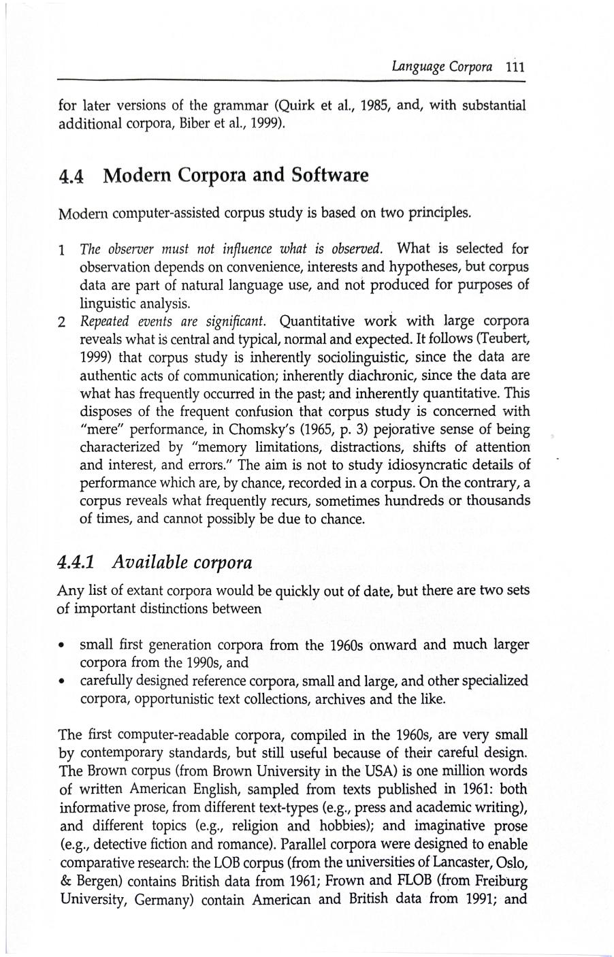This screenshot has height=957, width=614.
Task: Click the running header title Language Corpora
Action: click(x=442, y=67)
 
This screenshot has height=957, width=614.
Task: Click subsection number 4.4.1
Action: click(x=76, y=563)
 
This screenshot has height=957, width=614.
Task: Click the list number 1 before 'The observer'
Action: click(x=62, y=250)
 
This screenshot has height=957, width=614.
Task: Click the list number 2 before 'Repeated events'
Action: click(x=62, y=322)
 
